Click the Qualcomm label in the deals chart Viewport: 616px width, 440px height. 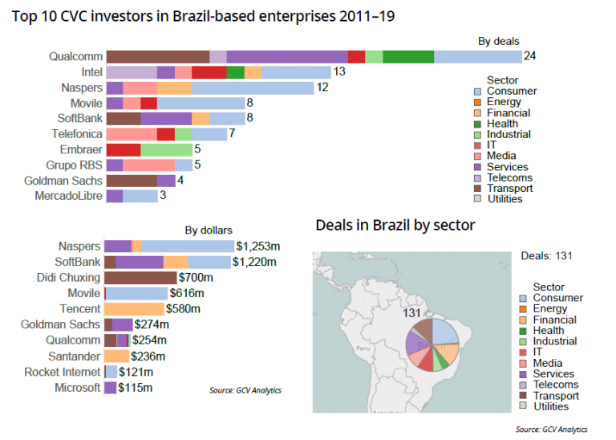[x=75, y=56]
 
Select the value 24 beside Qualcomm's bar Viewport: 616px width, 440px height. [x=529, y=56]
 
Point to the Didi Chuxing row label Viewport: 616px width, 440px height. [x=70, y=278]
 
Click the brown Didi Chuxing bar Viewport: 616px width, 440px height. [x=140, y=278]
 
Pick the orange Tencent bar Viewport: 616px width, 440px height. [x=134, y=309]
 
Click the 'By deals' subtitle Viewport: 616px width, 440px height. [x=498, y=41]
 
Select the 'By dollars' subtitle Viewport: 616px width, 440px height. [x=209, y=230]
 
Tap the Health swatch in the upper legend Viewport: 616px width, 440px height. [x=478, y=124]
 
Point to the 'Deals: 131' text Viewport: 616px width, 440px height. [x=549, y=256]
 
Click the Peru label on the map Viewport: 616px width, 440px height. [x=362, y=349]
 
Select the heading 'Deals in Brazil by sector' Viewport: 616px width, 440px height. [x=395, y=226]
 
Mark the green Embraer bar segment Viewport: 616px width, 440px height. [x=166, y=150]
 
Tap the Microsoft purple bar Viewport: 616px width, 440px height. [x=110, y=388]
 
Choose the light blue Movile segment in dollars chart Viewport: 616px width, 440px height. [x=136, y=294]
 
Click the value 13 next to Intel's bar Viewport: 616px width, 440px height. [x=338, y=72]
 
